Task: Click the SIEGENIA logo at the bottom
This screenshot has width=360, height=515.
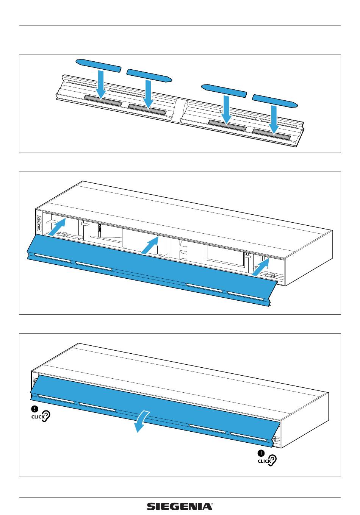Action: click(x=180, y=506)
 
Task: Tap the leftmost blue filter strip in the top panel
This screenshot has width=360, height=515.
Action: click(x=99, y=65)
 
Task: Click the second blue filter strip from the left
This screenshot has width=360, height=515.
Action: click(x=149, y=75)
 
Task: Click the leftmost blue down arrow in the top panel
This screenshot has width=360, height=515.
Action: click(x=101, y=84)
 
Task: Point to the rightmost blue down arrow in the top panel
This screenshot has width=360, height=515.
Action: click(x=273, y=120)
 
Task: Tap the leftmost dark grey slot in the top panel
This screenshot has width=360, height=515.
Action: click(x=103, y=100)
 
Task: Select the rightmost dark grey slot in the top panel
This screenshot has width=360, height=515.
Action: click(x=272, y=134)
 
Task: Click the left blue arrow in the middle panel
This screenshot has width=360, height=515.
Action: click(x=57, y=226)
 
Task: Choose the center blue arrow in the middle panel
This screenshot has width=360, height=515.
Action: click(x=149, y=246)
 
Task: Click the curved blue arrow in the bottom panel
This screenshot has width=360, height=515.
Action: click(x=142, y=421)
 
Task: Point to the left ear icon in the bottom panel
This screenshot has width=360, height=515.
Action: click(x=46, y=417)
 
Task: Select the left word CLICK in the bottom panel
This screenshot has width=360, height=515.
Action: click(x=38, y=417)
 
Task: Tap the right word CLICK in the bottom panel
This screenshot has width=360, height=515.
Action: click(x=264, y=461)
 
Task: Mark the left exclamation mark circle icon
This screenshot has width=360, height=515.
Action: click(x=34, y=409)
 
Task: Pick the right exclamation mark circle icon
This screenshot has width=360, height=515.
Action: click(x=261, y=453)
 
